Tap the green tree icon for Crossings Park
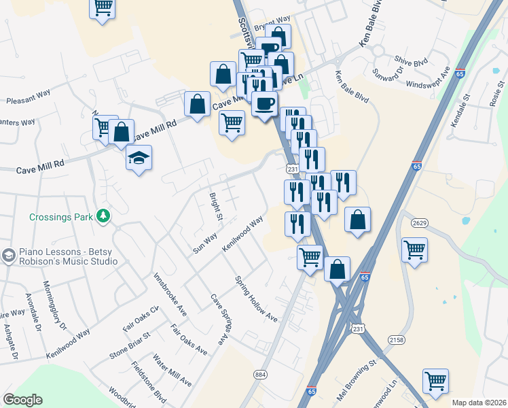[103, 216]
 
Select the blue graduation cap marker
[139, 158]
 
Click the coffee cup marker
[264, 103]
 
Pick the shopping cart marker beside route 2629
[414, 250]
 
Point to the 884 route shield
[260, 374]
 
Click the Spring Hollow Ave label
[257, 299]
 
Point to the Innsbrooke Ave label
[170, 294]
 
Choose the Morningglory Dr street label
[55, 305]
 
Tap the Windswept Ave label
[429, 79]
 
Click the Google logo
[22, 399]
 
